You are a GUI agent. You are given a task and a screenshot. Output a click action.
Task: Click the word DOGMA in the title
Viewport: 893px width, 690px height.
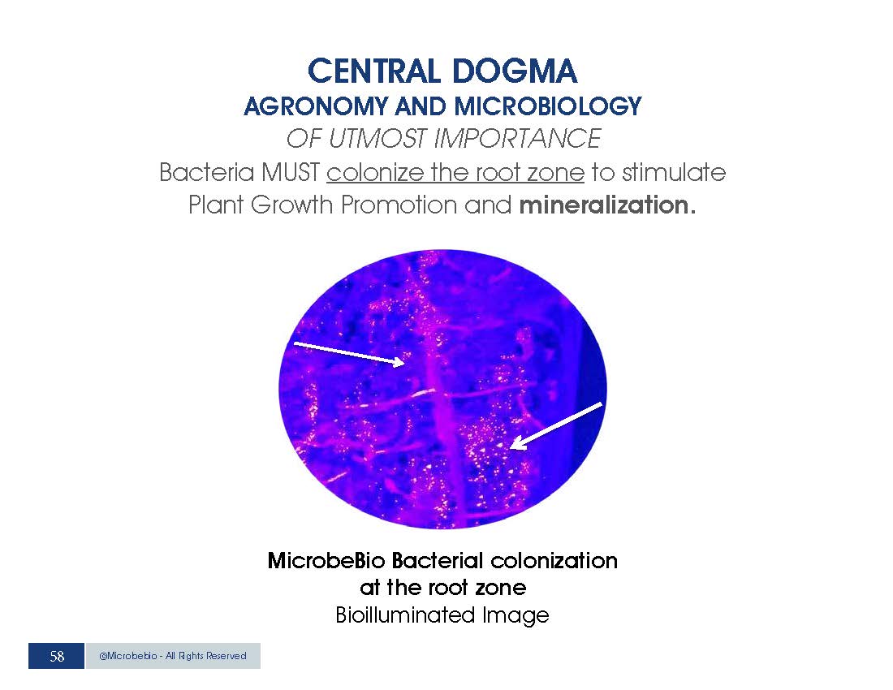tap(516, 71)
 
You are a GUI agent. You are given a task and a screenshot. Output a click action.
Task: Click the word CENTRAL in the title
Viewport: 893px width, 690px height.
tap(374, 71)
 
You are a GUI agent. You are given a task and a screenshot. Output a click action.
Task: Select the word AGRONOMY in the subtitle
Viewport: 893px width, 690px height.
tap(315, 106)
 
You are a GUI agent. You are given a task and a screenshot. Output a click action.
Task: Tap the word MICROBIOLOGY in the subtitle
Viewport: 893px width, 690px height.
tap(548, 106)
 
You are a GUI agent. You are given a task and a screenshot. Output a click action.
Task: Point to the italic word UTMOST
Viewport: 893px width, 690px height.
tap(377, 138)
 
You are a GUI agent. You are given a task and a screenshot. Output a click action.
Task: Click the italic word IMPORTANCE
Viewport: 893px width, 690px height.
tap(517, 138)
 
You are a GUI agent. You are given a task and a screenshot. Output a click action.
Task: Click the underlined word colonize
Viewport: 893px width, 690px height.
tap(375, 172)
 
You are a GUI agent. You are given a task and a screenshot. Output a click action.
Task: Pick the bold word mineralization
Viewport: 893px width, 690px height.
tap(607, 205)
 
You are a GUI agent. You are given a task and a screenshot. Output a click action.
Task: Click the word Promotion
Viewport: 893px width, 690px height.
tap(399, 205)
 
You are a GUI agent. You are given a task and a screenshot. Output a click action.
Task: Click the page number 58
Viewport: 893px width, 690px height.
tap(57, 657)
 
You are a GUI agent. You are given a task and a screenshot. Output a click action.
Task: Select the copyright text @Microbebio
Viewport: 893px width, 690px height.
tap(128, 656)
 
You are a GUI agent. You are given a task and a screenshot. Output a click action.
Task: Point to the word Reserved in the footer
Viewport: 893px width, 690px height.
tap(226, 656)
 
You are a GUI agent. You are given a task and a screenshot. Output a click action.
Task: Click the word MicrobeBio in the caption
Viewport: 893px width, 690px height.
tap(326, 561)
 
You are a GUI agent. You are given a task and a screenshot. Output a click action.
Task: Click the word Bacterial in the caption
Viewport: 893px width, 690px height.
tap(438, 561)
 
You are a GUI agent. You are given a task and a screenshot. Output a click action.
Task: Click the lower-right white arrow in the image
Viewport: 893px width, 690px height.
tap(556, 426)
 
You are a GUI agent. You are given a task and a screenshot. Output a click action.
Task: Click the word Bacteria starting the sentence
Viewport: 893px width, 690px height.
tap(207, 172)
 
